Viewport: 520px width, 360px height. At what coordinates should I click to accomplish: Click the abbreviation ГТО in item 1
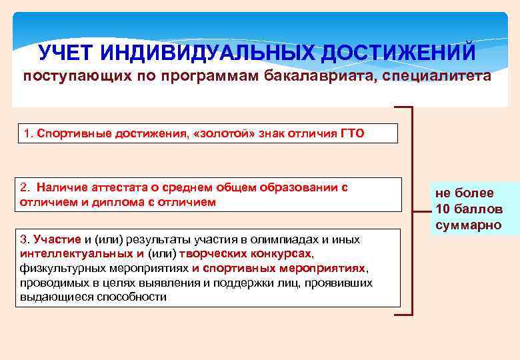pos(352,133)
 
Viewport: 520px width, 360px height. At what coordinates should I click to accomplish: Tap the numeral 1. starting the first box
pos(27,133)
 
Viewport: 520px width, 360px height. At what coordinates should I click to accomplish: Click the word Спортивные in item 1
pos(70,133)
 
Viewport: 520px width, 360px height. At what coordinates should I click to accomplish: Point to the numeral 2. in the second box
pos(26,187)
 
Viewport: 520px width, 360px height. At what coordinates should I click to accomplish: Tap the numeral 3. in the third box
pos(25,239)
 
